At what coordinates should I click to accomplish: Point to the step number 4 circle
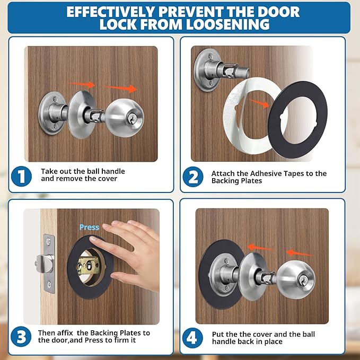[x=193, y=338]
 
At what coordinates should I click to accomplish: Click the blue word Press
[x=89, y=227]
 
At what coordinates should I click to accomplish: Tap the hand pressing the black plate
[x=133, y=254]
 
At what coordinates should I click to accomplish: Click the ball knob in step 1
[x=125, y=117]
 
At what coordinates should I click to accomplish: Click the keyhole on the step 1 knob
[x=129, y=121]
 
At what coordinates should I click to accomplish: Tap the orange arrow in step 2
[x=259, y=104]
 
